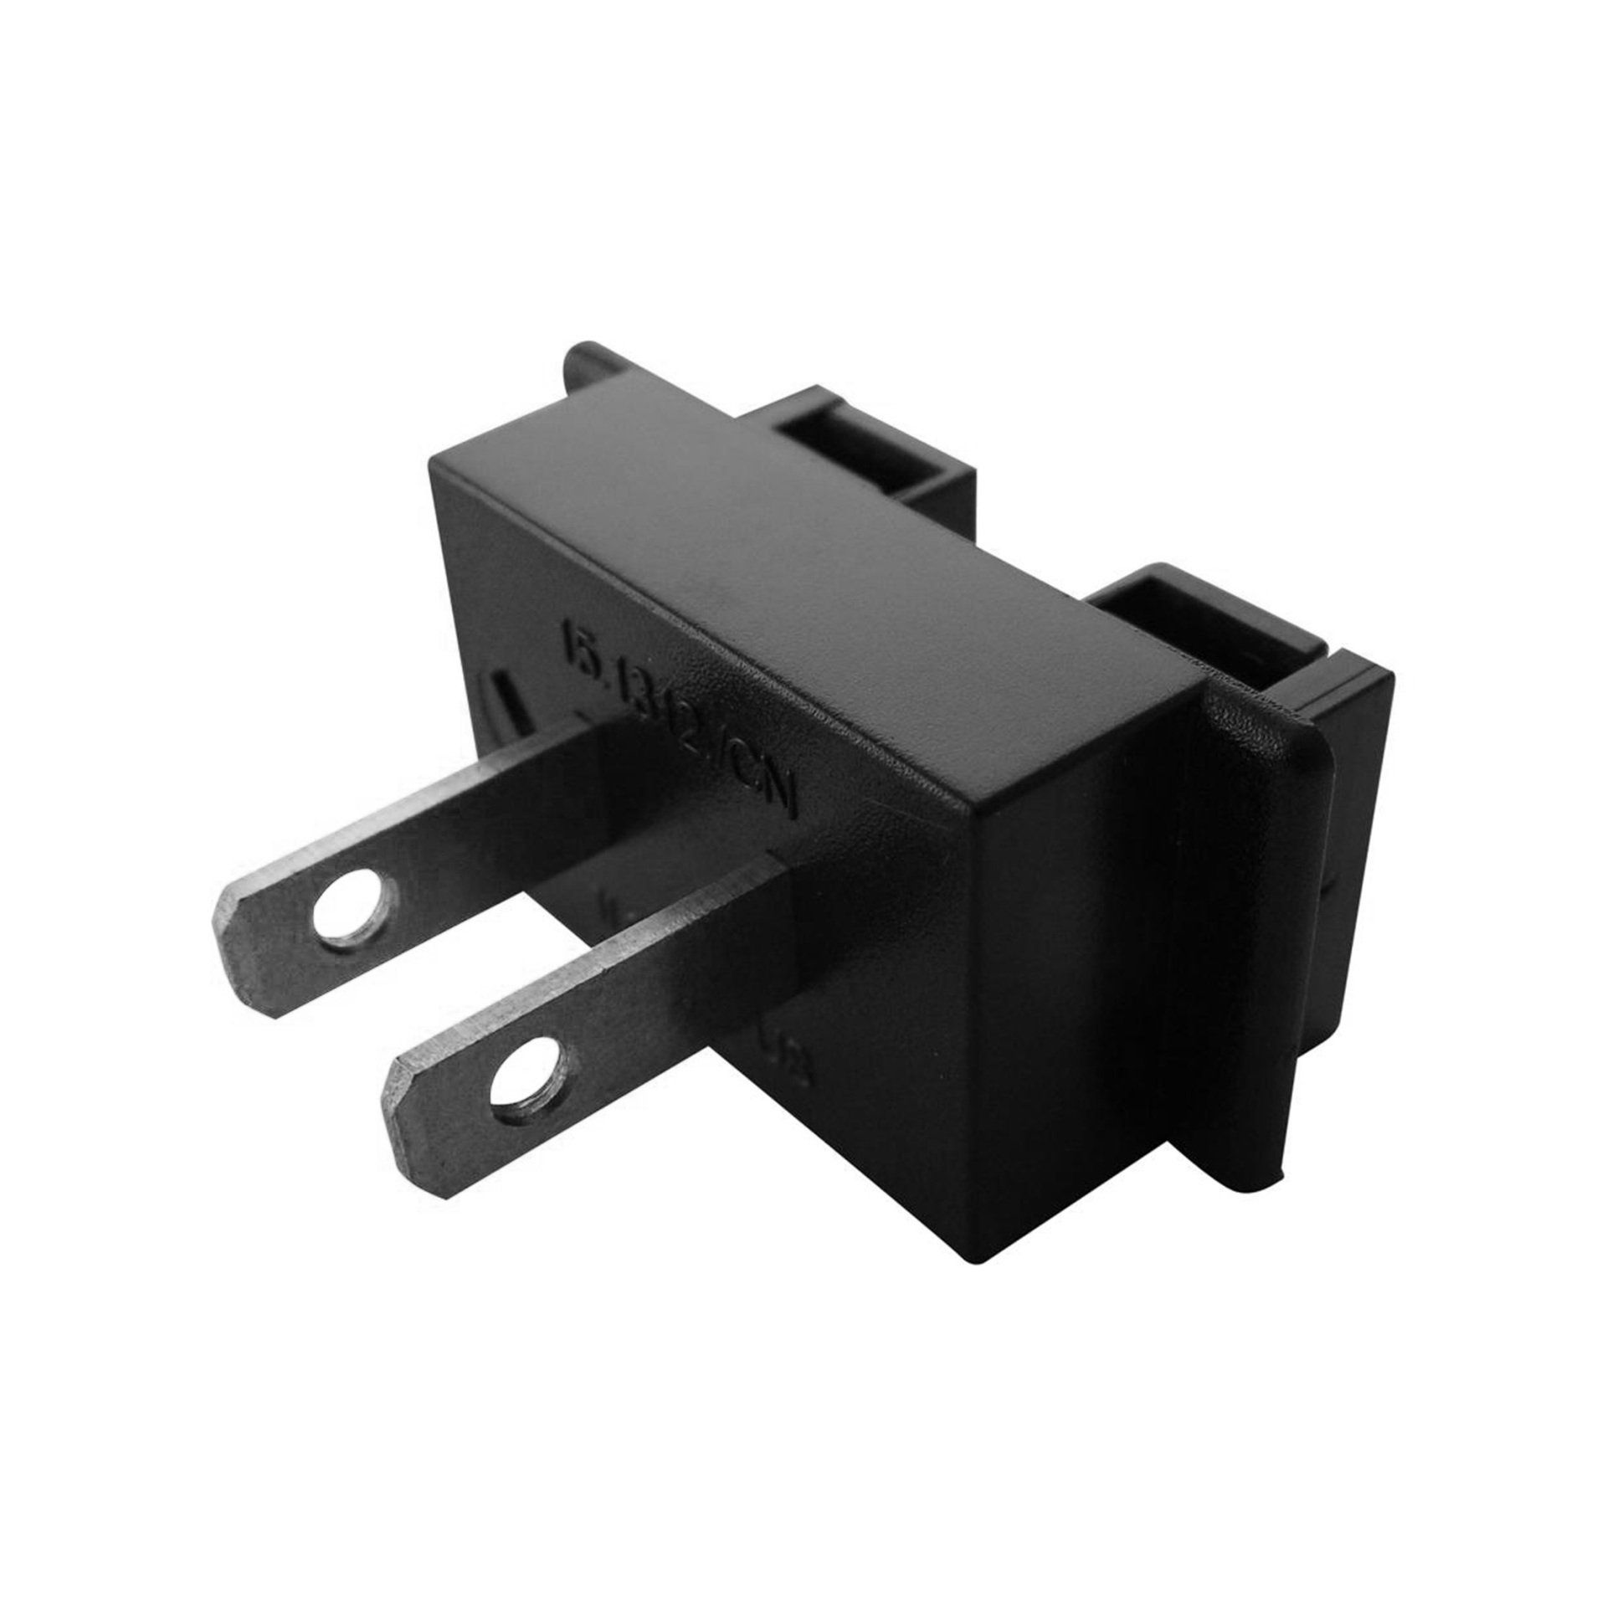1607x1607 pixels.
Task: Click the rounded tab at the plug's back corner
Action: pyautogui.click(x=586, y=368)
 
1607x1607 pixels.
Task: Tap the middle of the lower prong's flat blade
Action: pyautogui.click(x=636, y=988)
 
